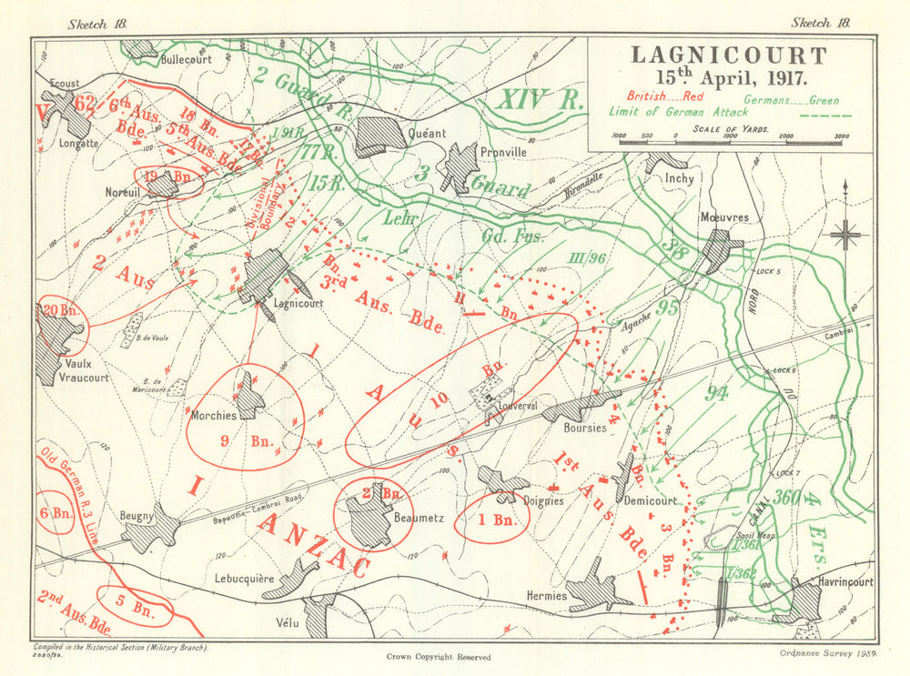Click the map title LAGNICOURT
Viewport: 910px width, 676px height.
(x=729, y=55)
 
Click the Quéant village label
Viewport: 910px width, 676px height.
(x=428, y=134)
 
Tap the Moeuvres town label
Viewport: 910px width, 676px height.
(x=724, y=217)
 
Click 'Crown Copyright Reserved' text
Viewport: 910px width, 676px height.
(x=438, y=657)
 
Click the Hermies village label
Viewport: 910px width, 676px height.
(x=548, y=596)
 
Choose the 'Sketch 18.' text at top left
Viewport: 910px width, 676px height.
(x=96, y=24)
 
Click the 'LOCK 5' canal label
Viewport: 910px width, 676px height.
(x=769, y=272)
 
